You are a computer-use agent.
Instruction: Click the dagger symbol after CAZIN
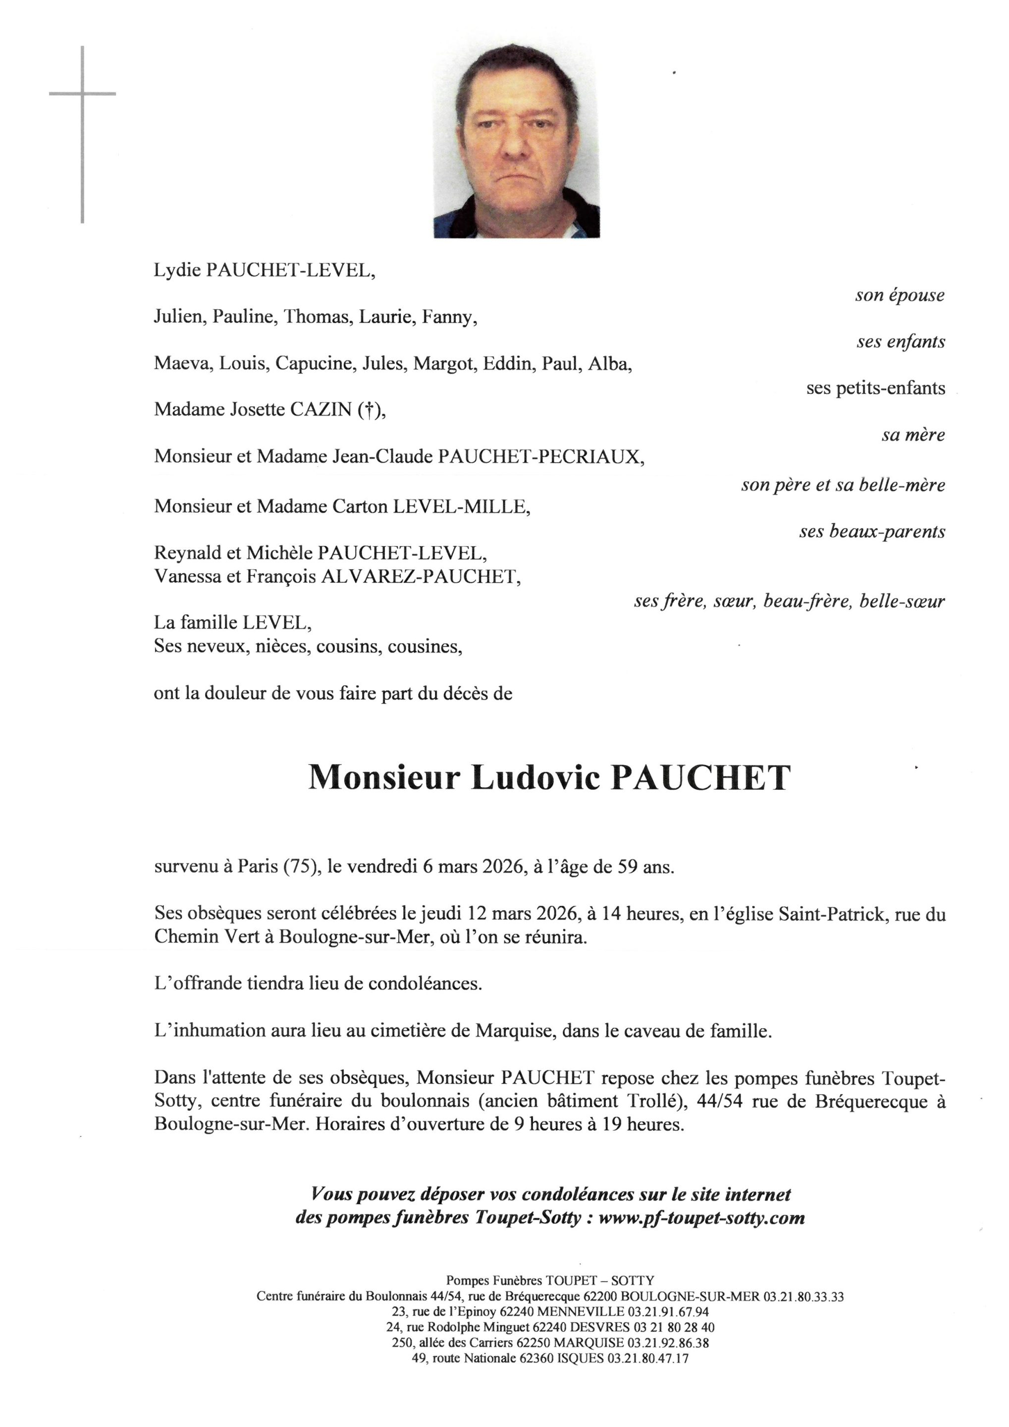(369, 410)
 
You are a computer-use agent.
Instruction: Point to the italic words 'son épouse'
(899, 295)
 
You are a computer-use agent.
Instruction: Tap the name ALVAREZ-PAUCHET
(420, 577)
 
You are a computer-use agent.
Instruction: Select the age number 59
(627, 867)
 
